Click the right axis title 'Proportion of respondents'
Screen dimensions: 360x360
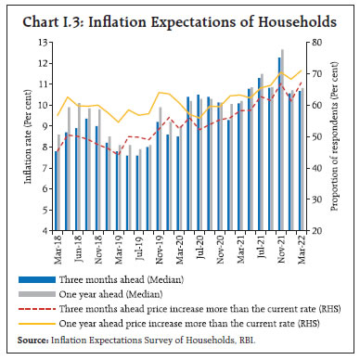[341, 136]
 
